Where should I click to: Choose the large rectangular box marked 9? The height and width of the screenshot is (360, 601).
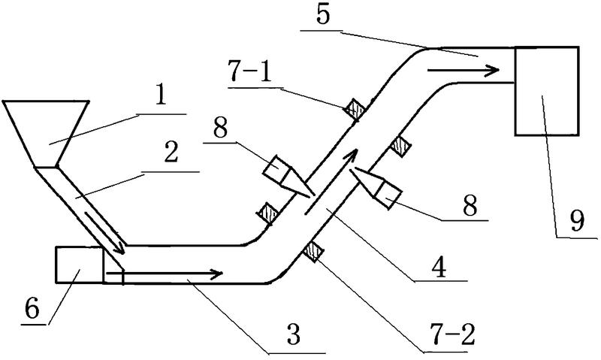(546, 91)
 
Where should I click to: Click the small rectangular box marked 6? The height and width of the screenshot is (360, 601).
(79, 265)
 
